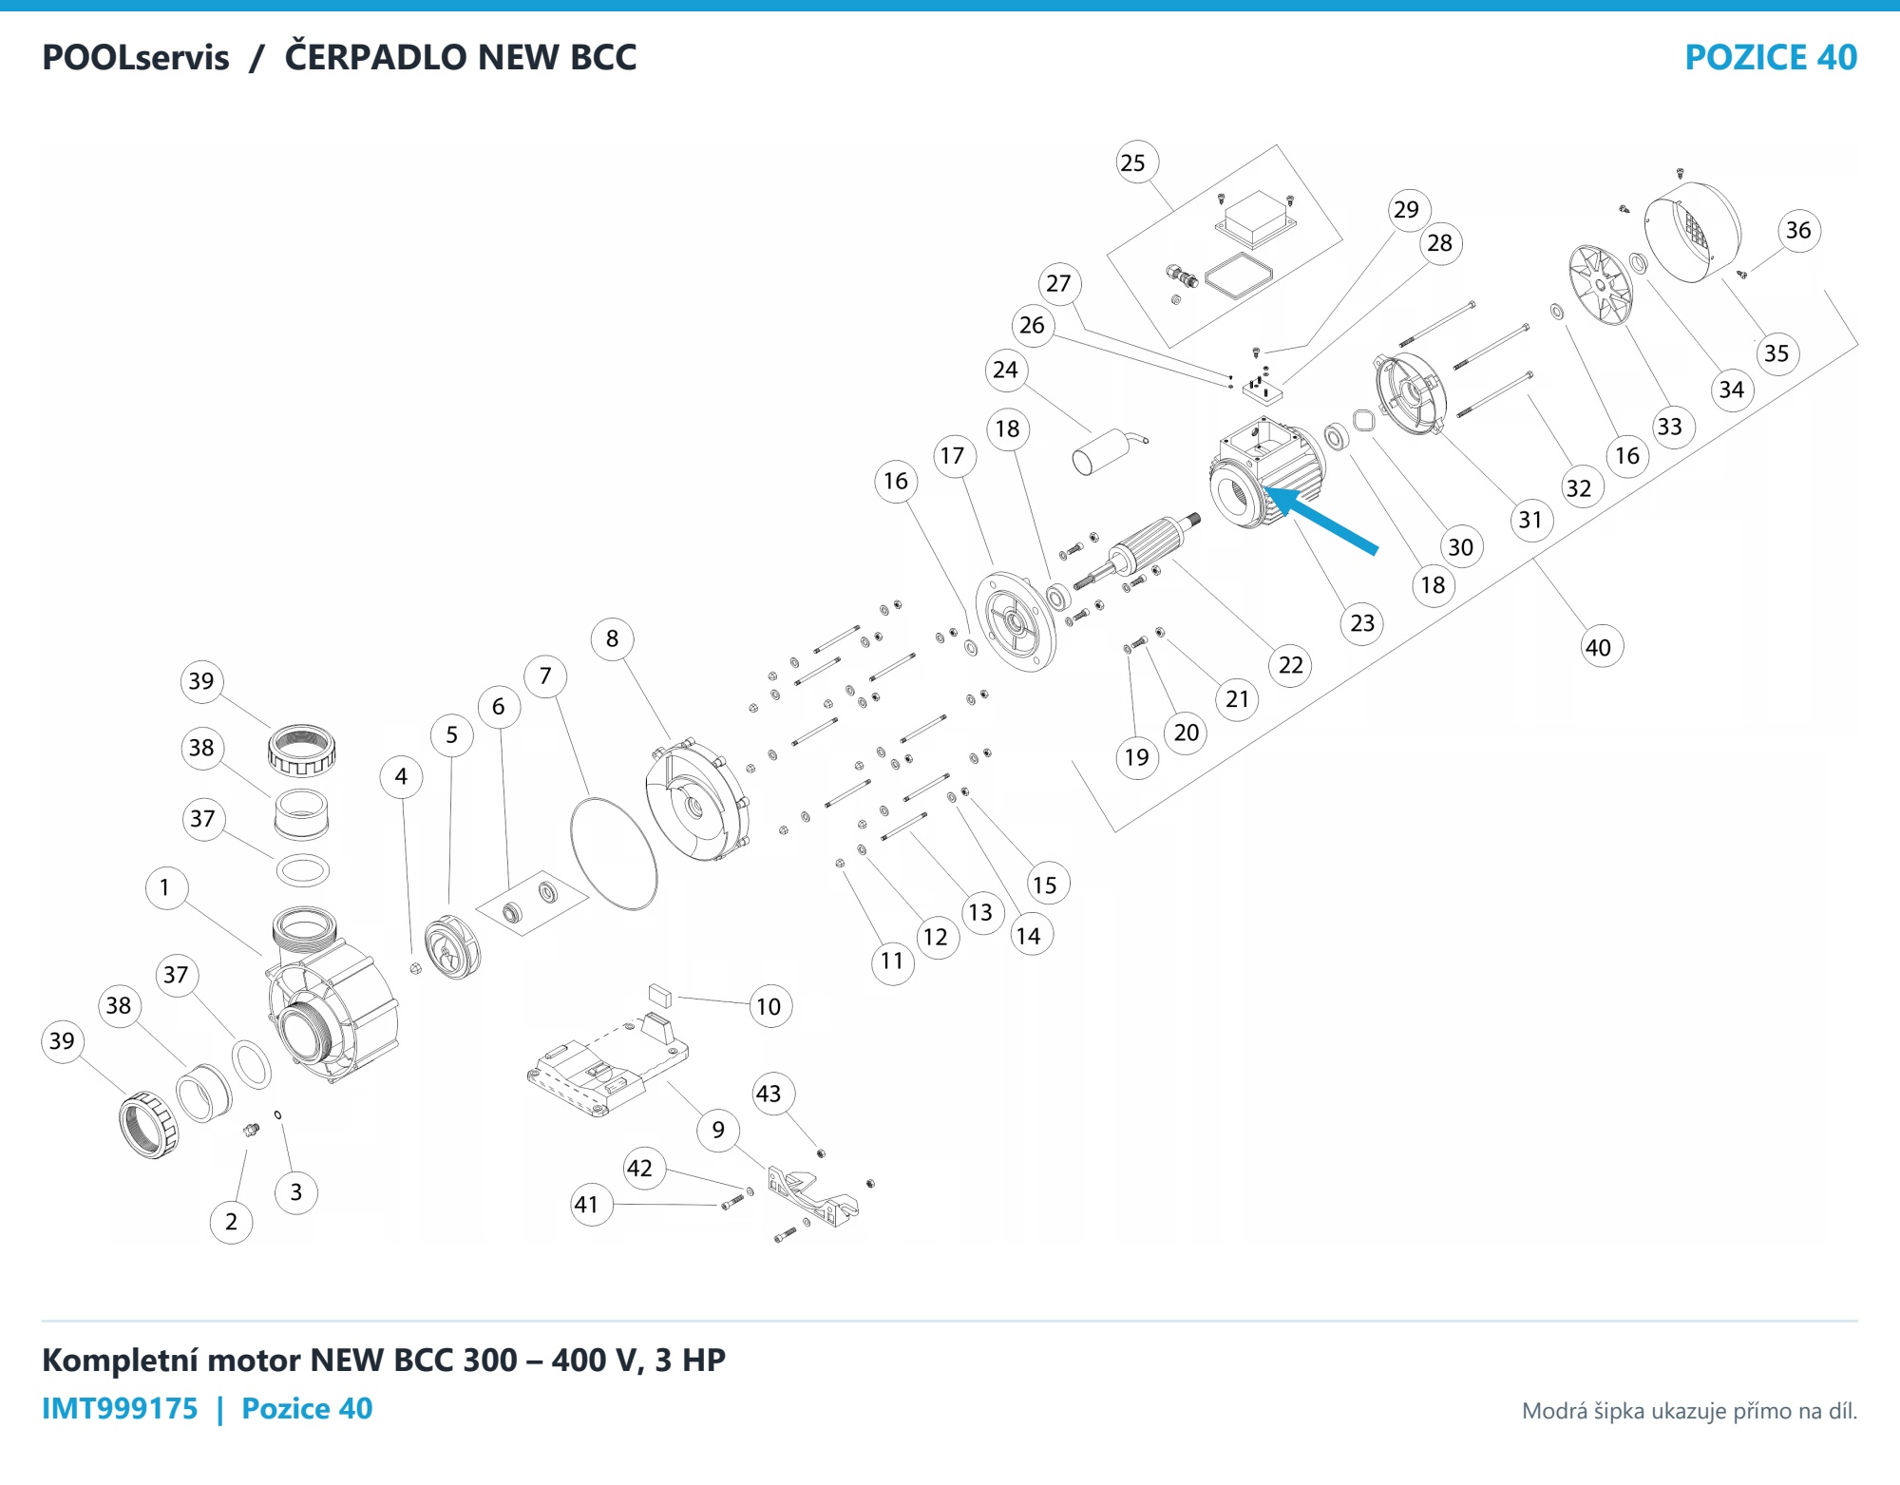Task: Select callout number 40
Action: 1601,647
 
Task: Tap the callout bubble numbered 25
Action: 1135,162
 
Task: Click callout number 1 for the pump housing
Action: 165,887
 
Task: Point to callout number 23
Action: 1363,623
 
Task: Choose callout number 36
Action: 1798,230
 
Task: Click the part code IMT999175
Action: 120,1408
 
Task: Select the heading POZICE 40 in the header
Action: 1771,57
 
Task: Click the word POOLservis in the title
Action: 136,57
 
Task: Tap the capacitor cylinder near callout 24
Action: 1102,452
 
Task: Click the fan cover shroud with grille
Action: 1693,231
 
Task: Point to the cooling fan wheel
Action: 1601,284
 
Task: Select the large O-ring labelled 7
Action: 614,853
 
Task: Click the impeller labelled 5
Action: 452,946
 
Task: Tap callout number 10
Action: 769,1006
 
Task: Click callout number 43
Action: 769,1094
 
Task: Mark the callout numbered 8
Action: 613,638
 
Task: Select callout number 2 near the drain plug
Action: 231,1221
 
